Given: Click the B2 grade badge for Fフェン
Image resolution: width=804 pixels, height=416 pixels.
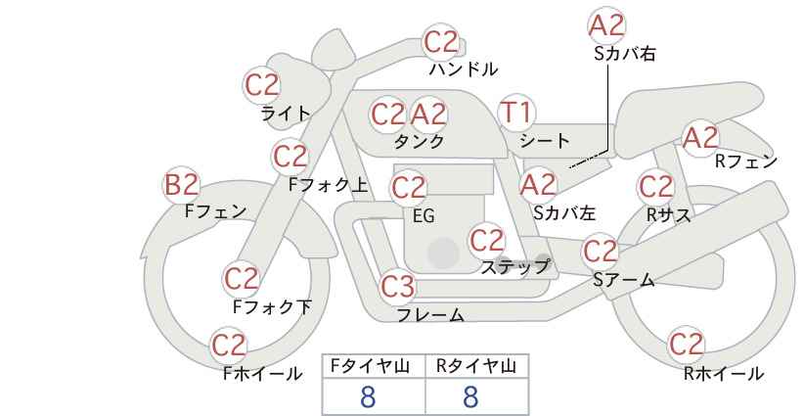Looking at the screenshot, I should click(x=182, y=184).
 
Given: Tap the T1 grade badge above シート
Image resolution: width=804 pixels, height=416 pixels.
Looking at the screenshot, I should click(x=515, y=114).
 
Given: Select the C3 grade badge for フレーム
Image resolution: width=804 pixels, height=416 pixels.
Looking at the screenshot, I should click(x=398, y=288).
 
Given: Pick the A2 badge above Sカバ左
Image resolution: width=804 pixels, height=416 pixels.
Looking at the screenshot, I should click(x=538, y=184).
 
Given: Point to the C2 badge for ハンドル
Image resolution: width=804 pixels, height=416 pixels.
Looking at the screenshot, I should click(x=441, y=42).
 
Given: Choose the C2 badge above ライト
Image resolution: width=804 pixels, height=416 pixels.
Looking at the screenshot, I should click(x=262, y=85).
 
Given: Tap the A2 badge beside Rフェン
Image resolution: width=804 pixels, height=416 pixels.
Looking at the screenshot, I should click(x=700, y=138).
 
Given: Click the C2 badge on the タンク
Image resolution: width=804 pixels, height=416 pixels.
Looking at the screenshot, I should click(x=388, y=115).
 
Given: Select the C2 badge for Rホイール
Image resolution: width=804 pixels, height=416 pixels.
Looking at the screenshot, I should click(x=686, y=345).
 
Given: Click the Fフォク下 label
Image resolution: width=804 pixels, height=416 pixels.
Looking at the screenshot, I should click(x=272, y=307).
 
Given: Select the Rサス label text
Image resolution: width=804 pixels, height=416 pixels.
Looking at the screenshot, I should click(x=668, y=214).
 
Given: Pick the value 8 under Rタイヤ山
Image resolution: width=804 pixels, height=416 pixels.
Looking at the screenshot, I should click(x=470, y=397).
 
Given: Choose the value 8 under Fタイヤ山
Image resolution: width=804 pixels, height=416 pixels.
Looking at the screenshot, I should click(x=368, y=397).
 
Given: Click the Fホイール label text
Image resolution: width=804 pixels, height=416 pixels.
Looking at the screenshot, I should click(x=263, y=374).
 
